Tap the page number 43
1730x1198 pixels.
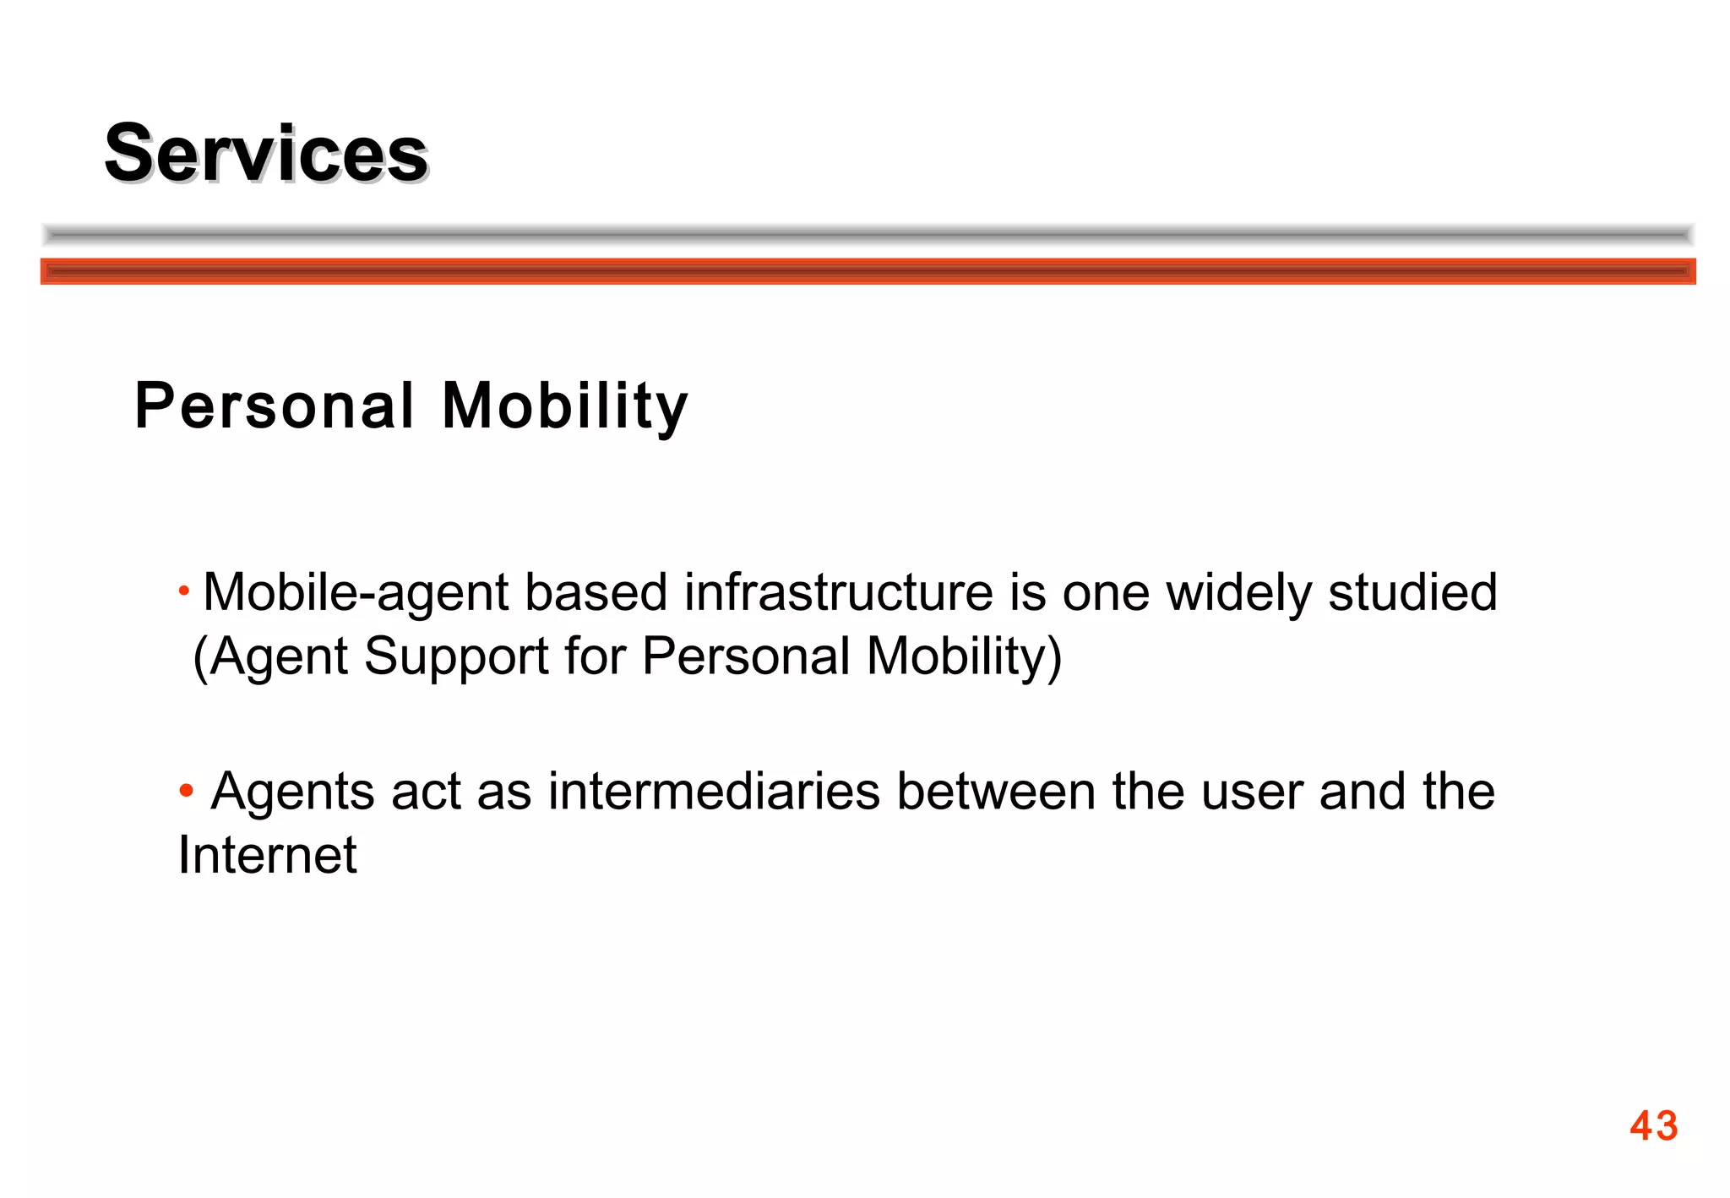tap(1653, 1125)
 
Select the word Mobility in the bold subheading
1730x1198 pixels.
tap(565, 406)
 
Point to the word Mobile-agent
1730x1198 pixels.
tap(356, 592)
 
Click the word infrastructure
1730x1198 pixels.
tap(838, 592)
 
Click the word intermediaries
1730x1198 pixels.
tap(714, 792)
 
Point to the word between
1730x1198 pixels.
tap(996, 792)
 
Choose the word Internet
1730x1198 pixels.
tap(268, 855)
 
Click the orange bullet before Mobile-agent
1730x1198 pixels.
tap(184, 589)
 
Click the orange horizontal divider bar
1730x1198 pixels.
tap(868, 271)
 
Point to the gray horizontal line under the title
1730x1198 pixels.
tap(868, 234)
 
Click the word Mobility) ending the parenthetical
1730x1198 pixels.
tap(964, 656)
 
